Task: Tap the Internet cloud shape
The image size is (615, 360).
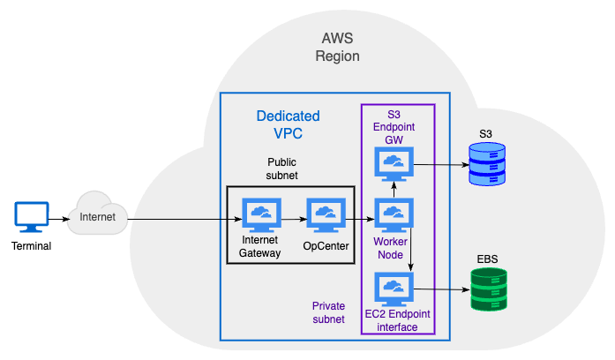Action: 97,214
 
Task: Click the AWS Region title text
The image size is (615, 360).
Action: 338,47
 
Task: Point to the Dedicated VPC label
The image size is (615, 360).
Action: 288,124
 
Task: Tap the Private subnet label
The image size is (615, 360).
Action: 328,312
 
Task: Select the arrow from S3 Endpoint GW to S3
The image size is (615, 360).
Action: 441,164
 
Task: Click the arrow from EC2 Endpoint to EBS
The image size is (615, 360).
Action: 441,289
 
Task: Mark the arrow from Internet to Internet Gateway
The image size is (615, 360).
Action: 185,216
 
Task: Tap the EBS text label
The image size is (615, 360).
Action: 487,259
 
